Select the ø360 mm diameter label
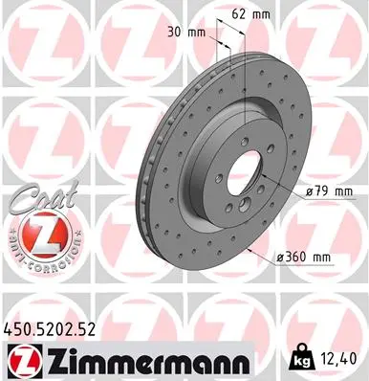(x=301, y=258)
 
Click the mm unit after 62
(x=263, y=14)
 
